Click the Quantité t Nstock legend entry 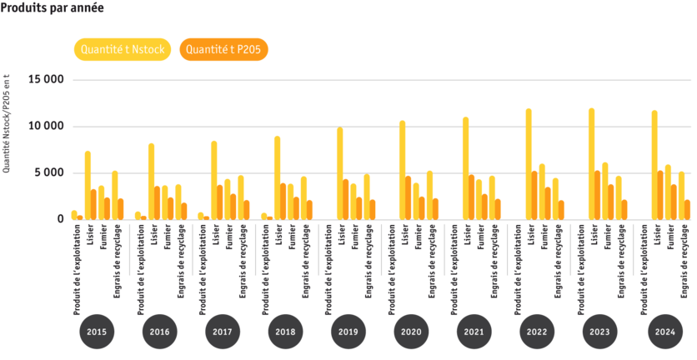pos(123,50)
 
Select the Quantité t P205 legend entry pos(223,50)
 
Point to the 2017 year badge pos(222,332)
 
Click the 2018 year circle pos(285,332)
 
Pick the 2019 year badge pos(348,332)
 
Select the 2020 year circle pos(411,332)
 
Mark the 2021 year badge pos(474,332)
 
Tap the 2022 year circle pos(537,332)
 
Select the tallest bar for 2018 pos(277,177)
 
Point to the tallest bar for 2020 pos(402,170)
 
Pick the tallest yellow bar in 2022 pos(529,164)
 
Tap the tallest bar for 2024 pos(654,165)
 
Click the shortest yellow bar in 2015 pos(74,215)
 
